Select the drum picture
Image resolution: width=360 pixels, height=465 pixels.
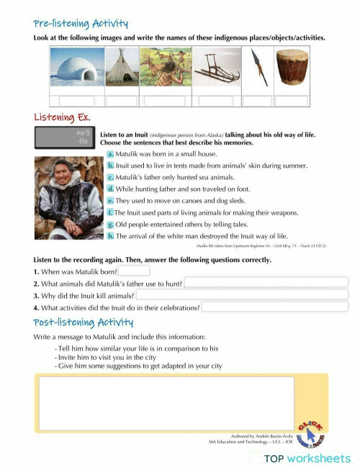point(291,69)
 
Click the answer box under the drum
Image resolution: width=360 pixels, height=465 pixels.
point(291,101)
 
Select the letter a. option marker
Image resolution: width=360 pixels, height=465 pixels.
point(110,155)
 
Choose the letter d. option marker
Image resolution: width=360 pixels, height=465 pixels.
point(110,189)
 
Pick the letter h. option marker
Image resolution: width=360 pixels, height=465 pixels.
point(110,236)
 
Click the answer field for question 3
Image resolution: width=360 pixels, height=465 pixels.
point(242,295)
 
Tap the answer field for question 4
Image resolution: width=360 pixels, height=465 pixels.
point(274,307)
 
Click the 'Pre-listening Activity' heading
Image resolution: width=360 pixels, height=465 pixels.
point(81,24)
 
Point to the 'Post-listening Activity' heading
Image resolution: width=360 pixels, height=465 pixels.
point(84,322)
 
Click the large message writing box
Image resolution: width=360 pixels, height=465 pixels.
point(166,403)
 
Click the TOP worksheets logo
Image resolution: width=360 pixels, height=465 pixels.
point(307,458)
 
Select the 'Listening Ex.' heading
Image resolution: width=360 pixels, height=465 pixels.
point(62,117)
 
